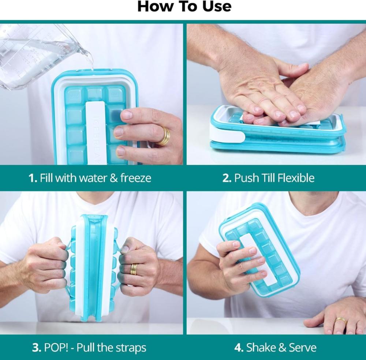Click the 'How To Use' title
(x=184, y=6)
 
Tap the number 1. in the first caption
(x=33, y=178)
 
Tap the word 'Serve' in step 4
(x=303, y=348)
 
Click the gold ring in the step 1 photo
(x=164, y=136)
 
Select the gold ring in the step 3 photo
(x=134, y=270)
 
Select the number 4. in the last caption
(x=239, y=348)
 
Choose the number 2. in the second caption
(x=227, y=178)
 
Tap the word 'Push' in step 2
(x=246, y=178)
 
